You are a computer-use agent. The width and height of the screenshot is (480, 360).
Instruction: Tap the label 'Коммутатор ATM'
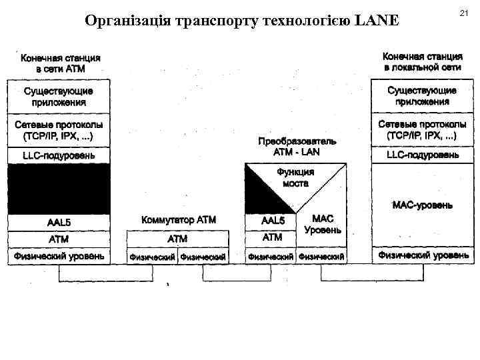[178, 220]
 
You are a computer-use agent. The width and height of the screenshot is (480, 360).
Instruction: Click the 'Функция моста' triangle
[296, 178]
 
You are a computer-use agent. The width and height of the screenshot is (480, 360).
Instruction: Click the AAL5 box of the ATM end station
[58, 223]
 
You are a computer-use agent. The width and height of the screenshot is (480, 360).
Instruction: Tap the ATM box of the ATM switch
[177, 239]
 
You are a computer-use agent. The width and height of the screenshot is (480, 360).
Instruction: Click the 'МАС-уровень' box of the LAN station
[423, 205]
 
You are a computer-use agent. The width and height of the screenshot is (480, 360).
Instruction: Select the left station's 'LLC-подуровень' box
[58, 155]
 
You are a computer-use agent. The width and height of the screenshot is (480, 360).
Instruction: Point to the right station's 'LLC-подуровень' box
[423, 155]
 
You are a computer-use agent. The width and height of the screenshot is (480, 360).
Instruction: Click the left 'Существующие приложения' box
[58, 97]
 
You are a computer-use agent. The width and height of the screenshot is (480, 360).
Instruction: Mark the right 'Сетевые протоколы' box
[423, 130]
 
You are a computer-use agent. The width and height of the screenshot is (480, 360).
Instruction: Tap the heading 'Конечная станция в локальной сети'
[422, 62]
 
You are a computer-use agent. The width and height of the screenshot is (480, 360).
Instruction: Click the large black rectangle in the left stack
[58, 189]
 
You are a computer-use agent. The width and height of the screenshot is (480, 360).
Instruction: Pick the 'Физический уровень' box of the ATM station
[58, 256]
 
